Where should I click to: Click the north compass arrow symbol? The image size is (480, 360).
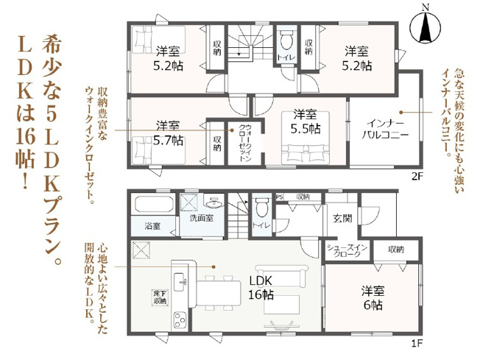[x=425, y=28]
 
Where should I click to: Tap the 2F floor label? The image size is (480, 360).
[x=417, y=176]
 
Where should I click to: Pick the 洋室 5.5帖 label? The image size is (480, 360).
[x=304, y=121]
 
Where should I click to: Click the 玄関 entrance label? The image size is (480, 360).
[x=342, y=217]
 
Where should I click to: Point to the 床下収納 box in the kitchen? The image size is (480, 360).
[x=159, y=297]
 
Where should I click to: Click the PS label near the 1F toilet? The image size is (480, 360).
[x=279, y=197]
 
